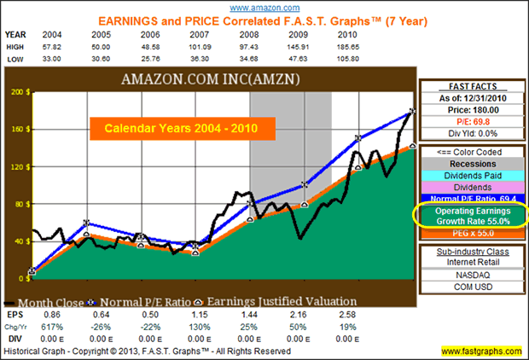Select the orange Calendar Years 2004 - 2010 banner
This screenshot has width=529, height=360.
(183, 128)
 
